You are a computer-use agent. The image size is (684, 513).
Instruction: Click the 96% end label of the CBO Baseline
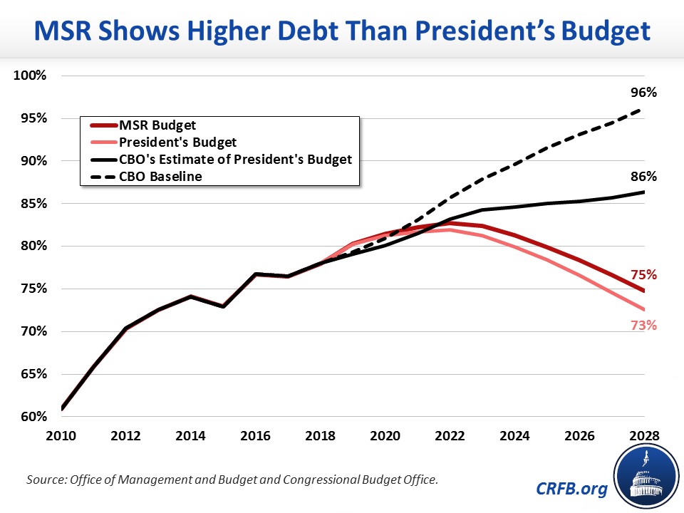pyautogui.click(x=643, y=93)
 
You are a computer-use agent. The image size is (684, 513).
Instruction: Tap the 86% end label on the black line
pyautogui.click(x=643, y=176)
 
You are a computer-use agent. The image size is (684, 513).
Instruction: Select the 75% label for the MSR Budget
pyautogui.click(x=643, y=275)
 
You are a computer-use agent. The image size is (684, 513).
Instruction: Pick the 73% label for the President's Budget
pyautogui.click(x=643, y=326)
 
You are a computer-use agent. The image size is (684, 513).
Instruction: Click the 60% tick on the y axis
pyautogui.click(x=33, y=416)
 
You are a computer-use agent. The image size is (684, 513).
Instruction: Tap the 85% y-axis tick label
pyautogui.click(x=33, y=204)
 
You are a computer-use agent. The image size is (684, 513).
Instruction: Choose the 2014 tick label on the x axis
pyautogui.click(x=175, y=435)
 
